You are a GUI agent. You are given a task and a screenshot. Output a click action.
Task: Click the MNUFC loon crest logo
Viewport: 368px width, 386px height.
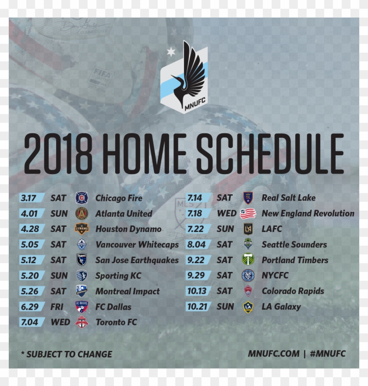coord(184,78)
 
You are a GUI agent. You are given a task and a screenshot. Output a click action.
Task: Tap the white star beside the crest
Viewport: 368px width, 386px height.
coord(171,52)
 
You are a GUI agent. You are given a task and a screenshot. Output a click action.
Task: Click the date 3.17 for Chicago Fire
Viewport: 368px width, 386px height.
coord(28,198)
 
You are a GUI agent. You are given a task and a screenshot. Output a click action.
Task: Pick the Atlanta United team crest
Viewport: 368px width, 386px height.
coord(81,214)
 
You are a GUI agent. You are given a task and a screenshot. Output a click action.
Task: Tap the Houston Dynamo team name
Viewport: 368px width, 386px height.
coord(128,229)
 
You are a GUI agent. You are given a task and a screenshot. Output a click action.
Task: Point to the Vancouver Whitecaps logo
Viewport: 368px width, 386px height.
coord(81,244)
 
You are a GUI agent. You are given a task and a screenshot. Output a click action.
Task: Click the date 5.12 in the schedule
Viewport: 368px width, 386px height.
coord(28,260)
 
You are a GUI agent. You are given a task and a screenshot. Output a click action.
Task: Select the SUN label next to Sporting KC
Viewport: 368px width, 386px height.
coord(59,275)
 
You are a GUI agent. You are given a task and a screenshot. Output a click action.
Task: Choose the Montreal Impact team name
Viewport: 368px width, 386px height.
coord(127,291)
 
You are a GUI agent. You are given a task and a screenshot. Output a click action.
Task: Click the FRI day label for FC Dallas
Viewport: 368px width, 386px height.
coord(57,307)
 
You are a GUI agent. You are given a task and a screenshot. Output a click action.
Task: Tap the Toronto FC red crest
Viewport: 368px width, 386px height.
coord(81,322)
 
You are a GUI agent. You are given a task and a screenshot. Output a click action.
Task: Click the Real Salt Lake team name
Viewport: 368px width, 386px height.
coord(289,198)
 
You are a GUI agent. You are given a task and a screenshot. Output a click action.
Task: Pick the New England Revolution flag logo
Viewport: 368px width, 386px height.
coord(248,214)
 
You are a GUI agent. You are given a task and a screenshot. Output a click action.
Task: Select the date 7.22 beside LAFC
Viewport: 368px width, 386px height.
coord(195,229)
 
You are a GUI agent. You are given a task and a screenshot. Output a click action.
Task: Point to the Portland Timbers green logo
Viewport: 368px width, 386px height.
coord(248,260)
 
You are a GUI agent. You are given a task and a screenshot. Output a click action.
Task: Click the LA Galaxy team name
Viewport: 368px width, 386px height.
coord(281,307)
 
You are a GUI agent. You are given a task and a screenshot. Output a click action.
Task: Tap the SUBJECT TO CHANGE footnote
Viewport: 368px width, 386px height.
coord(67,354)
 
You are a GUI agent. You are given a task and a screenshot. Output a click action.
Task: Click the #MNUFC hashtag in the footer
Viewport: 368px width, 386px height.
coord(328,354)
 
